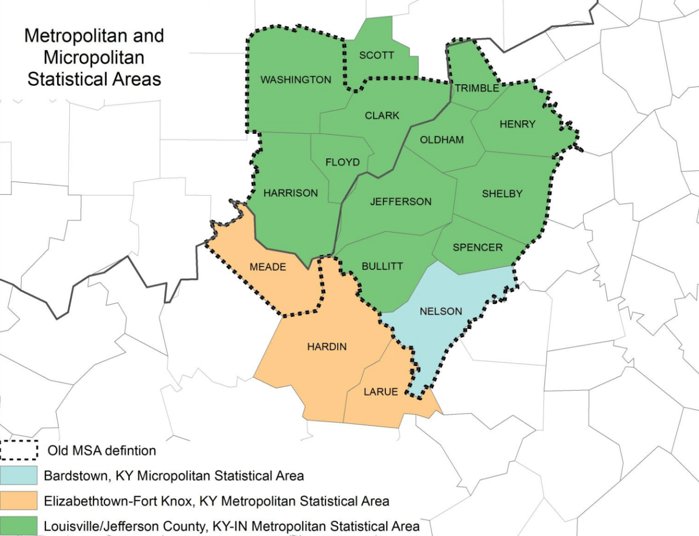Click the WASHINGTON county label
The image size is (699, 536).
click(x=296, y=80)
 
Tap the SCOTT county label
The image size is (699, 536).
click(x=376, y=55)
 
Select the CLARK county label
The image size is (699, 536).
click(x=382, y=116)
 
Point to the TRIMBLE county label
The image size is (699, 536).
click(x=477, y=88)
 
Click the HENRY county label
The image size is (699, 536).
click(x=517, y=124)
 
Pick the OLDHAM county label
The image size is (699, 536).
click(x=441, y=140)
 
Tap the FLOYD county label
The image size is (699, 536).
click(x=342, y=162)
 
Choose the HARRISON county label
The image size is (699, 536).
click(x=291, y=193)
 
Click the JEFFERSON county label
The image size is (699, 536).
click(x=400, y=202)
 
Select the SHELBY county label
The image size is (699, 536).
click(x=502, y=194)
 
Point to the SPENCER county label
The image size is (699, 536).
click(x=478, y=247)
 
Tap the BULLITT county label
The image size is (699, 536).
click(x=382, y=266)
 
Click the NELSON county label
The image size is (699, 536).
click(x=441, y=312)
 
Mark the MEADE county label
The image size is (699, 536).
click(x=268, y=267)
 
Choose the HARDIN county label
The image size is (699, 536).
click(x=327, y=347)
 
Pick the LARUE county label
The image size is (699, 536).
click(x=380, y=392)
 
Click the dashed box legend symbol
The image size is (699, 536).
click(x=19, y=450)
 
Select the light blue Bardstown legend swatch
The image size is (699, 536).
click(x=19, y=475)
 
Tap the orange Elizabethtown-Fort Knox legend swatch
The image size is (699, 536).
click(x=19, y=501)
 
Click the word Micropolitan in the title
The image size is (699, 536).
click(x=94, y=57)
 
